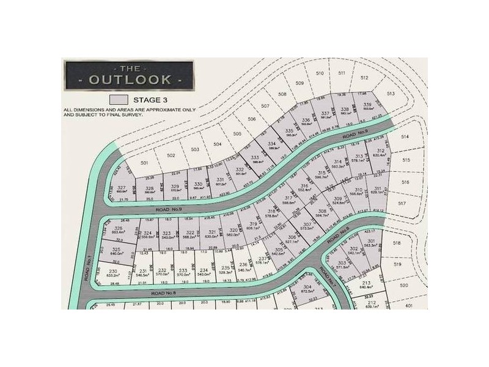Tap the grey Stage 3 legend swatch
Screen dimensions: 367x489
pyautogui.click(x=118, y=99)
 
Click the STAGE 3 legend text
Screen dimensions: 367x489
pyautogui.click(x=149, y=99)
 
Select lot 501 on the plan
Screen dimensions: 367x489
pyautogui.click(x=144, y=163)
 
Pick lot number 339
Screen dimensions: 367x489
pyautogui.click(x=367, y=105)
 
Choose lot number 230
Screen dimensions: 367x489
pyautogui.click(x=112, y=271)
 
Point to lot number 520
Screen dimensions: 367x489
pyautogui.click(x=403, y=286)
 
